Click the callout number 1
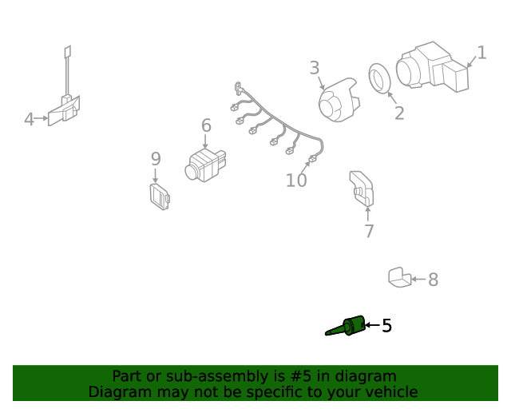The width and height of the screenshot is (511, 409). point(482,53)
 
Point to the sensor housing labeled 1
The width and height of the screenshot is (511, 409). point(432,67)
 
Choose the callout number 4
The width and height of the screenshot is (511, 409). point(29,119)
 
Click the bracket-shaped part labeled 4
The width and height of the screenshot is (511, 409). point(64,109)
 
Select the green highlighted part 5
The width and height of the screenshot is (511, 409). point(346,326)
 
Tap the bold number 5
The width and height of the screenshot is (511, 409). point(386,325)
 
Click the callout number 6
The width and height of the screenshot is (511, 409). point(206,125)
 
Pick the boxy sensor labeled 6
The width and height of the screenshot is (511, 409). point(205,165)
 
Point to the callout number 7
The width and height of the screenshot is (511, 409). point(369,231)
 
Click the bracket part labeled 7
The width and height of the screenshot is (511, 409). point(362,189)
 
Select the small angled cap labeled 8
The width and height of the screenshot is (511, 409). point(399,277)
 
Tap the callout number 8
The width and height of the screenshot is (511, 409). point(433,280)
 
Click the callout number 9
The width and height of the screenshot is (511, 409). point(156,159)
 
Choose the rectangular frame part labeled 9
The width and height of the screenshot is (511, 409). point(160,197)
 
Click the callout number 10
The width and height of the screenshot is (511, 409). point(296,180)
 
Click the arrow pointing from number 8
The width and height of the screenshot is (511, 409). point(418,279)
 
